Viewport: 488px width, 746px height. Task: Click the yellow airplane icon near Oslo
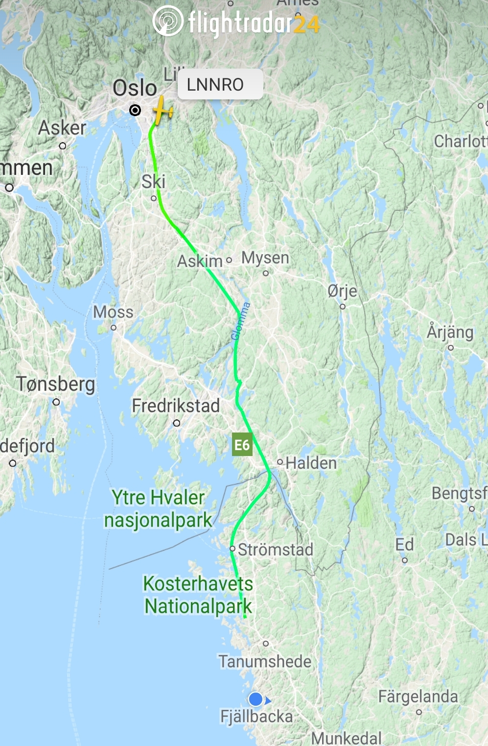coord(162,111)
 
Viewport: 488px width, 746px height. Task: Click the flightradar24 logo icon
coord(168,21)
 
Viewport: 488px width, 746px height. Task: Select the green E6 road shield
coord(242,444)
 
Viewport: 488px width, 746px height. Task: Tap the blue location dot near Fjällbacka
coord(256,699)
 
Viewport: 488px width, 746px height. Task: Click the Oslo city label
coord(135,88)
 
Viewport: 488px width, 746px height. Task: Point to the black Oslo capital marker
coord(135,110)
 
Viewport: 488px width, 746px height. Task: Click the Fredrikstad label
coord(176,406)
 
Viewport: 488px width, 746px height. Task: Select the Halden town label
coord(311,463)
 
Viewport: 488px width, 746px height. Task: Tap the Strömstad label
coord(276,550)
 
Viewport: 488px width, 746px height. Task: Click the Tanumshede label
coord(265,661)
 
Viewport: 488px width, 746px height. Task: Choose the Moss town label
coord(113,312)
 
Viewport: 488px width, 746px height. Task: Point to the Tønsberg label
coord(56,384)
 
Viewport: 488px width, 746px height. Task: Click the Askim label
coord(200,261)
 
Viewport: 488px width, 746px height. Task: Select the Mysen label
coord(265,258)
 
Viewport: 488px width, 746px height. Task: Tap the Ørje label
coord(342,291)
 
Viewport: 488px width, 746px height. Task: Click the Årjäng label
coord(450,332)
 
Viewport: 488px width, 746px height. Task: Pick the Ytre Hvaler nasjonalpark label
coord(158,508)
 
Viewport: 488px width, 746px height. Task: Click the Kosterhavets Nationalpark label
coord(198,595)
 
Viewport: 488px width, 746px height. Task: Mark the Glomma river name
coord(241,321)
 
